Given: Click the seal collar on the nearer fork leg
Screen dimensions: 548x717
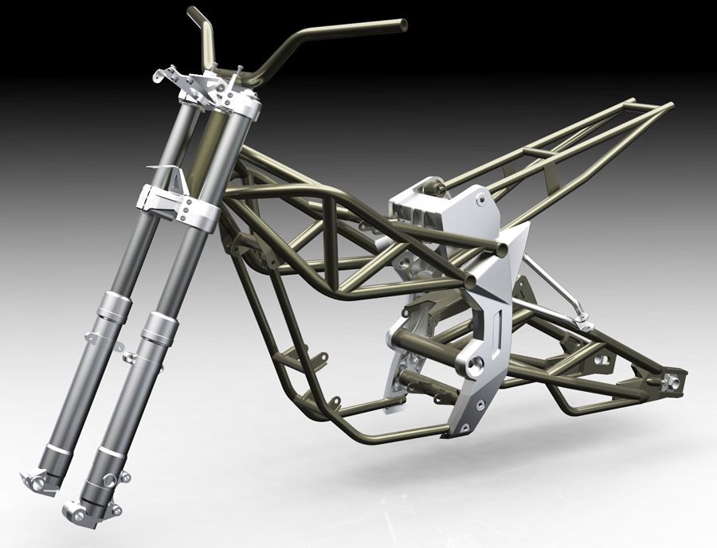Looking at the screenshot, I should [x=159, y=327].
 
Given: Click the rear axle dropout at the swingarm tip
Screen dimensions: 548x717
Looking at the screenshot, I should [x=674, y=381].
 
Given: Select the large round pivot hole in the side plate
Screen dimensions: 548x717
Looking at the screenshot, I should [x=476, y=366].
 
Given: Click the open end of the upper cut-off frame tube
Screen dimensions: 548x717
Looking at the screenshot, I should [x=502, y=249].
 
